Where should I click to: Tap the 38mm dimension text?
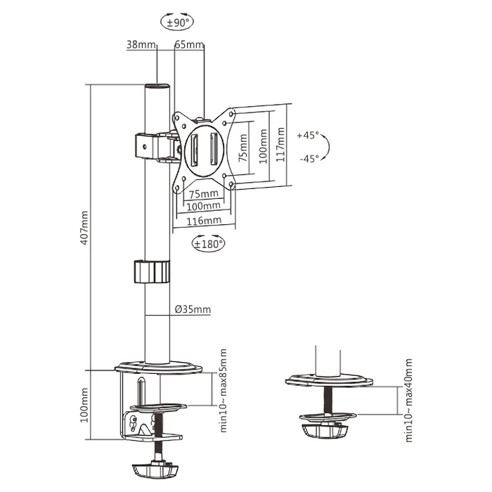point(141,44)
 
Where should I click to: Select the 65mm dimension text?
point(188,44)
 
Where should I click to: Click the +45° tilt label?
point(308,134)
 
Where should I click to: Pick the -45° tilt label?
point(308,158)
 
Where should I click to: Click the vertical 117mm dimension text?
point(280,145)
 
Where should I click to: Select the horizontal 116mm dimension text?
point(203,220)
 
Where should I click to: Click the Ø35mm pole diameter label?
point(192,309)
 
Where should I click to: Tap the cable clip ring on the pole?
point(151,271)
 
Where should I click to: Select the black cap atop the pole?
point(157,86)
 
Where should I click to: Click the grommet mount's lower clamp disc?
point(325,428)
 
